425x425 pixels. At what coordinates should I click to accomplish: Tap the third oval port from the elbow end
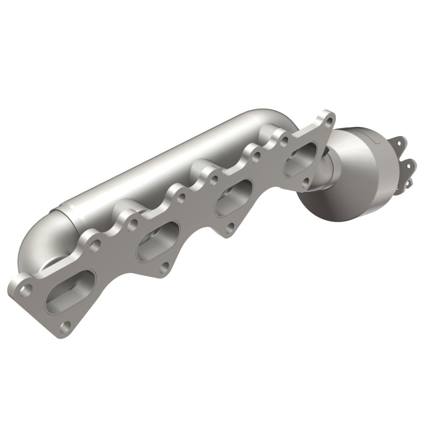234,198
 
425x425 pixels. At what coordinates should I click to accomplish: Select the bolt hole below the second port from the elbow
165,267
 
